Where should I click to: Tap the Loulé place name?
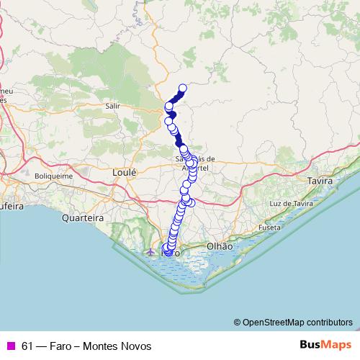(124, 172)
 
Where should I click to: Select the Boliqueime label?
(55, 176)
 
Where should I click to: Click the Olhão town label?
(220, 246)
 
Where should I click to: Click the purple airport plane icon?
(150, 253)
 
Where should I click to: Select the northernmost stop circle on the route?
(182, 89)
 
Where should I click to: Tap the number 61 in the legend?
(27, 346)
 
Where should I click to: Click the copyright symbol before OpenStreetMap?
(237, 323)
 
